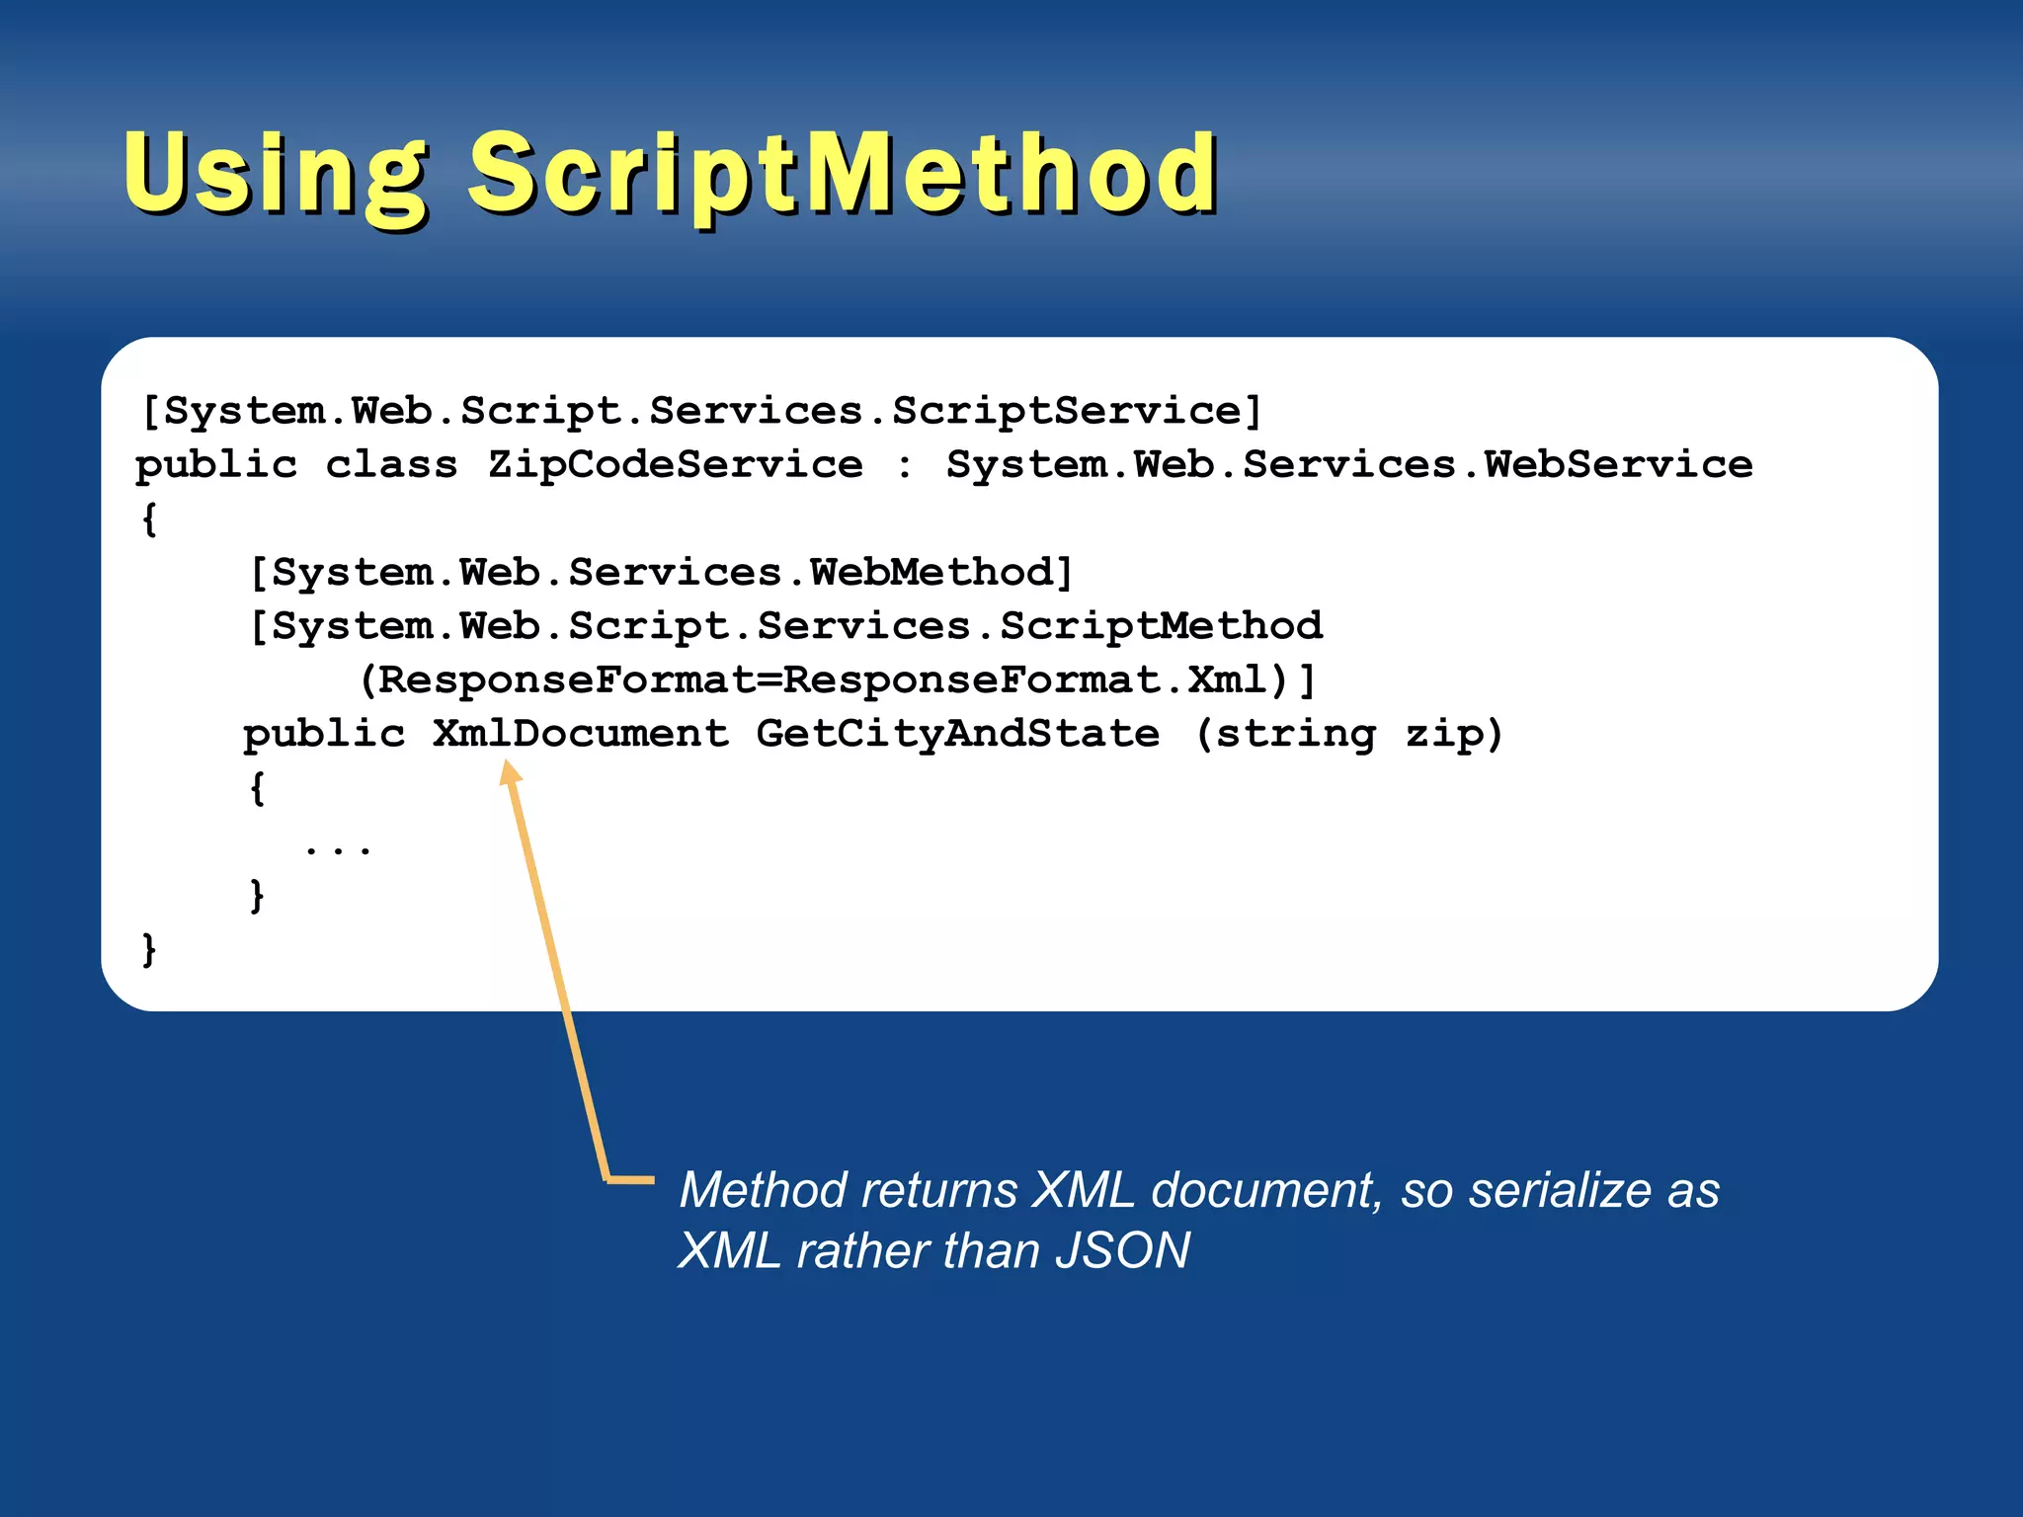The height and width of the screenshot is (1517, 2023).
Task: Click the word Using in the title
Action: click(276, 174)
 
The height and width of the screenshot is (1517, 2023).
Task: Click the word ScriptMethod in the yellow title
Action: click(843, 174)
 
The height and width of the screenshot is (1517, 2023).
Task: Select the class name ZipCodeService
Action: click(675, 464)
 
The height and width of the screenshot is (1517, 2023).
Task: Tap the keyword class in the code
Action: click(391, 464)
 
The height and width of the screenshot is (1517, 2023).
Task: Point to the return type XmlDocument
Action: click(581, 734)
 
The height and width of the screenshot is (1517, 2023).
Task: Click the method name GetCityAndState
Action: click(958, 734)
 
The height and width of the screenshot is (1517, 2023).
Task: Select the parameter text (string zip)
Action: click(1348, 734)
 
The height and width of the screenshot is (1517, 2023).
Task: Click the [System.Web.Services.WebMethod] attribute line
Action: click(661, 573)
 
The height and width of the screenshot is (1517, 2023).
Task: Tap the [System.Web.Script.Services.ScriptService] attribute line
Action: click(701, 411)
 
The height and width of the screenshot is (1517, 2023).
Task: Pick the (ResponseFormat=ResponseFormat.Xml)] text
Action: click(837, 680)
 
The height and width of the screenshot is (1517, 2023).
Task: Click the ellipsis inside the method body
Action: click(338, 847)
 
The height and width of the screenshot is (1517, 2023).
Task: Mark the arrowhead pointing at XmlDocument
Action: click(510, 772)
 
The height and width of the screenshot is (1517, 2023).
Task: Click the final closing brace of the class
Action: click(149, 950)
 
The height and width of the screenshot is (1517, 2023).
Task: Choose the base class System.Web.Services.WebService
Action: click(1349, 464)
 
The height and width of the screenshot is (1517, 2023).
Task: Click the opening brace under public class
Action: click(149, 519)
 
